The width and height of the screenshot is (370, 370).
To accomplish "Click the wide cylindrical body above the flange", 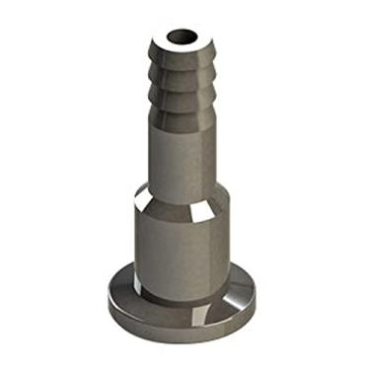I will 178,252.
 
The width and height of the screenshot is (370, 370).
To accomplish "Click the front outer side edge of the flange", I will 178,326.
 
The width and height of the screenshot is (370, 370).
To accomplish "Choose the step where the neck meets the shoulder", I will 181,186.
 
